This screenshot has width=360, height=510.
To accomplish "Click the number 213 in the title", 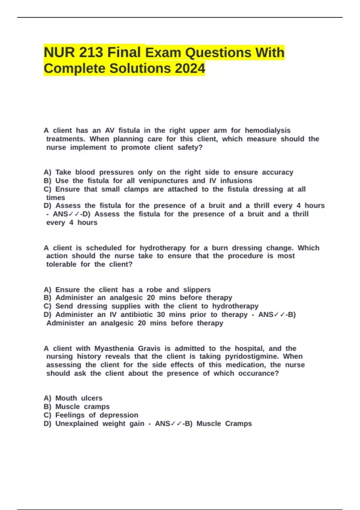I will [91, 52].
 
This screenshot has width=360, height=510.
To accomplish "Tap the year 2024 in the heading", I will [190, 68].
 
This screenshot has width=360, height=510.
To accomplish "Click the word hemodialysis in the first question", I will [268, 130].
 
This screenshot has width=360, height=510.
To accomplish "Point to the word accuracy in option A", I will [277, 172].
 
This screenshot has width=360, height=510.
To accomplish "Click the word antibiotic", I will [136, 315].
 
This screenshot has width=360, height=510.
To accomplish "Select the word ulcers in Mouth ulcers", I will [91, 398].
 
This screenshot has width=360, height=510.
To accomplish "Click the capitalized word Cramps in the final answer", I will [238, 424].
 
